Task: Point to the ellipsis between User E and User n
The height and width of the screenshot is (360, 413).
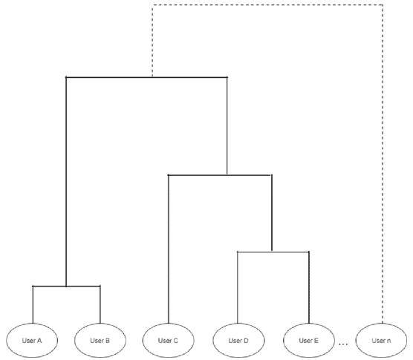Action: [343, 344]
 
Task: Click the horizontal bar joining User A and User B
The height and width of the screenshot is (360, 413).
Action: [66, 286]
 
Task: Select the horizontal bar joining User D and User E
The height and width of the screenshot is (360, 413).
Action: [273, 252]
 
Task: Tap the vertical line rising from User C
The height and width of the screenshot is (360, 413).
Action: [169, 249]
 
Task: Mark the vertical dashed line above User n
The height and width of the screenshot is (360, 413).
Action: [383, 164]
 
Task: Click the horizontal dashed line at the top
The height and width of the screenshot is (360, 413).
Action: [267, 4]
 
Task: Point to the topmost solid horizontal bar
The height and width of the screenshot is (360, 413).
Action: [146, 77]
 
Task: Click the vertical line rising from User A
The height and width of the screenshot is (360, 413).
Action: [33, 304]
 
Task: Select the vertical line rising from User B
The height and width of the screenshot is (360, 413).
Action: [100, 304]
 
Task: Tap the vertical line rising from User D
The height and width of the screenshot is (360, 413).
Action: [238, 287]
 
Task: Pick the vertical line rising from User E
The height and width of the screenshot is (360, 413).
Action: [309, 287]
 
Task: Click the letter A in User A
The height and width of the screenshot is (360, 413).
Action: [39, 341]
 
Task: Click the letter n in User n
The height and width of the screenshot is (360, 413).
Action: [388, 341]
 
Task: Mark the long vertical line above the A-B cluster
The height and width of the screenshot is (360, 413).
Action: [66, 182]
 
